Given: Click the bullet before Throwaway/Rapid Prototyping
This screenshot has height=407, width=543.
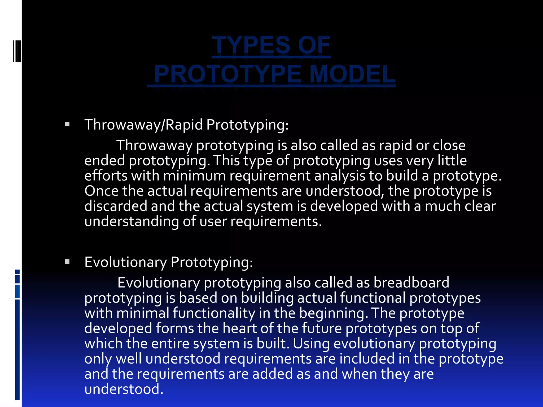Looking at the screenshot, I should (67, 124).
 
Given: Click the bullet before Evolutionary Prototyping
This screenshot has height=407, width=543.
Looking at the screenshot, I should (67, 262).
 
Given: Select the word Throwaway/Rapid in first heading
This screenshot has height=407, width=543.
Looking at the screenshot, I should (143, 125).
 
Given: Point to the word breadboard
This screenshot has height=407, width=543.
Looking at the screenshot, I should (411, 282).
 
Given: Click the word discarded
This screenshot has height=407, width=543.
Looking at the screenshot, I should (116, 206).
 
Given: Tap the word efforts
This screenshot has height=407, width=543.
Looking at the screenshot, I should (106, 176).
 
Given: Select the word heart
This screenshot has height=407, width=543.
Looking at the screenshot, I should (239, 328).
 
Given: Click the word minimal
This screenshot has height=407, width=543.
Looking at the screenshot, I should (143, 313).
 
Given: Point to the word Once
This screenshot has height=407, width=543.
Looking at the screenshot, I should (101, 191).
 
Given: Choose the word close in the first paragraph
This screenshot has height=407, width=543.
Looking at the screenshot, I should (449, 145).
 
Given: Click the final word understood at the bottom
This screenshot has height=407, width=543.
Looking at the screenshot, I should (124, 389).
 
